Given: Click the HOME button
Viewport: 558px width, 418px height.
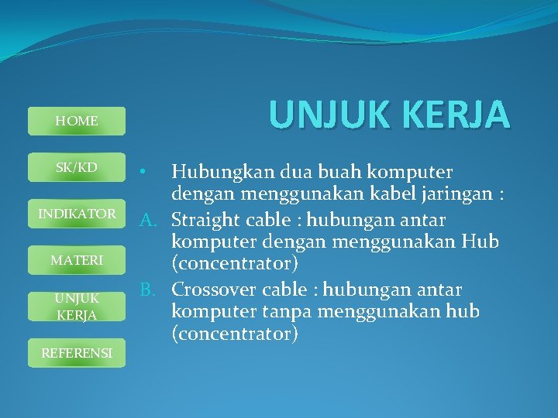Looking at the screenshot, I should pyautogui.click(x=76, y=121).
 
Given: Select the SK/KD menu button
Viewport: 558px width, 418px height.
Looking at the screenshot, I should pyautogui.click(x=76, y=167).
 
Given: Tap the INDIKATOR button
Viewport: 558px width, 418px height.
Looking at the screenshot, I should pyautogui.click(x=77, y=214).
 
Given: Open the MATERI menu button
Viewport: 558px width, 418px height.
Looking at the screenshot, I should pyautogui.click(x=76, y=260).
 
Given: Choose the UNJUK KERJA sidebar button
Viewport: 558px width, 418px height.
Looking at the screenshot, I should pyautogui.click(x=76, y=307).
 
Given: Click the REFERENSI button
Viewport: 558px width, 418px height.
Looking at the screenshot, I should pyautogui.click(x=77, y=353).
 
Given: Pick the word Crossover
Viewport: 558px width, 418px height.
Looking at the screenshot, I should pyautogui.click(x=212, y=290).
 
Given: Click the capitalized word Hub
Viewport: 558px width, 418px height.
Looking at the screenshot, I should pyautogui.click(x=482, y=242).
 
